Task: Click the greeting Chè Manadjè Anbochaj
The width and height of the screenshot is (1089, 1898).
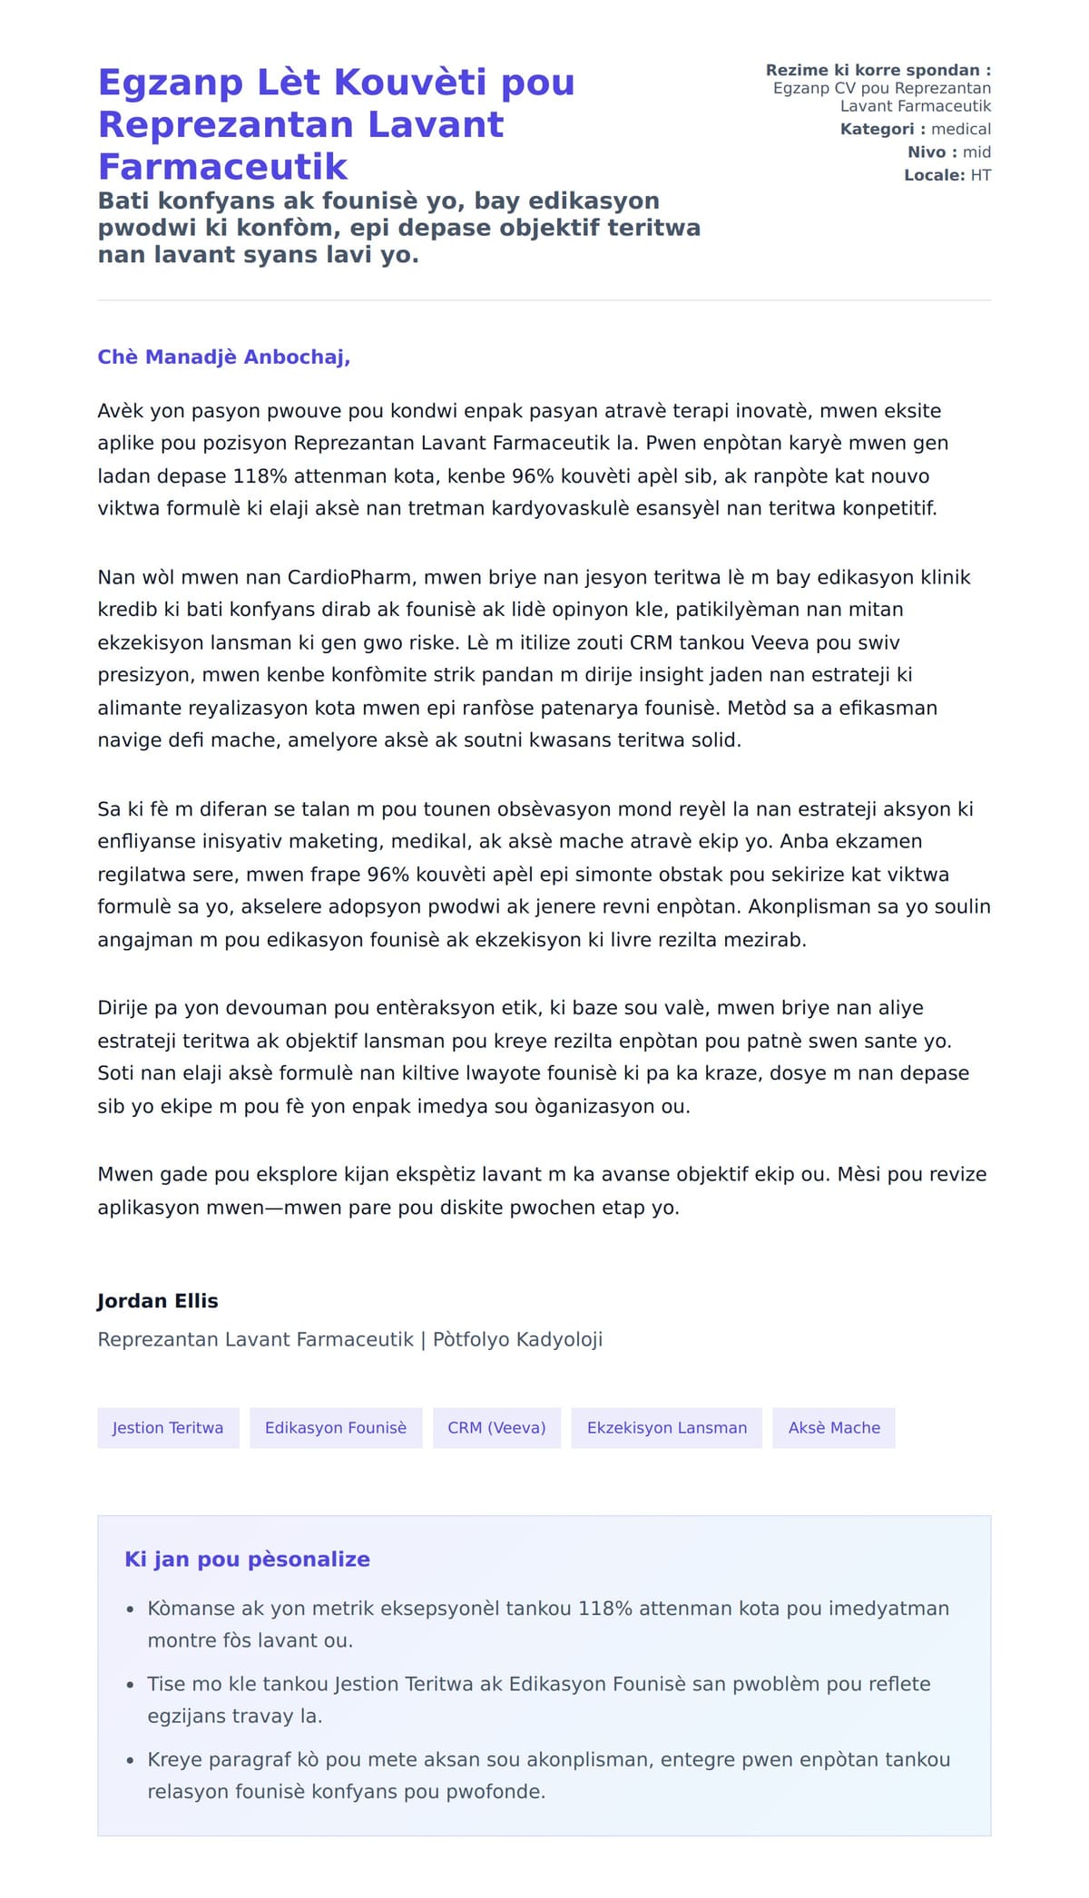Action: [x=223, y=357]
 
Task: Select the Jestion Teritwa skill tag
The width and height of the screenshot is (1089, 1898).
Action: [x=168, y=1428]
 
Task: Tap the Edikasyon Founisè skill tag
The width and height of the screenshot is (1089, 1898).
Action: [x=336, y=1428]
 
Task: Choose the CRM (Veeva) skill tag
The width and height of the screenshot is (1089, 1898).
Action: [x=496, y=1428]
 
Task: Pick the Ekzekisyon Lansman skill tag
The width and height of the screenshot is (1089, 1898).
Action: [x=667, y=1428]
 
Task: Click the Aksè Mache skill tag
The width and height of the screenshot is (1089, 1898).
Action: [x=834, y=1428]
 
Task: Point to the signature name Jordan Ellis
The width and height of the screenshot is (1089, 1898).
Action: [x=158, y=1301]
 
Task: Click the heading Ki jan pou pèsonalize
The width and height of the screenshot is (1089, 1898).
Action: [x=247, y=1560]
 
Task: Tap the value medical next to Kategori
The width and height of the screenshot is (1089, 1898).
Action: [x=961, y=130]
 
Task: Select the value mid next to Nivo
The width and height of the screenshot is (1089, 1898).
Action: [x=976, y=152]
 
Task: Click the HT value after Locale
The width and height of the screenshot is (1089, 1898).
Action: [x=981, y=175]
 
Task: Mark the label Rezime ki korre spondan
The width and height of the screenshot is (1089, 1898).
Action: [x=878, y=71]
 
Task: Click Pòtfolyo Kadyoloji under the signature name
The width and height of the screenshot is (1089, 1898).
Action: [x=517, y=1340]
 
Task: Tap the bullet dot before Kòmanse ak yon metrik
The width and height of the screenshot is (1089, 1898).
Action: [x=130, y=1609]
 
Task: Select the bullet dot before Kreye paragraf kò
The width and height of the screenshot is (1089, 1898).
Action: [x=130, y=1761]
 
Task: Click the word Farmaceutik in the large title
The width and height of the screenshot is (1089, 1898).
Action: [x=222, y=167]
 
